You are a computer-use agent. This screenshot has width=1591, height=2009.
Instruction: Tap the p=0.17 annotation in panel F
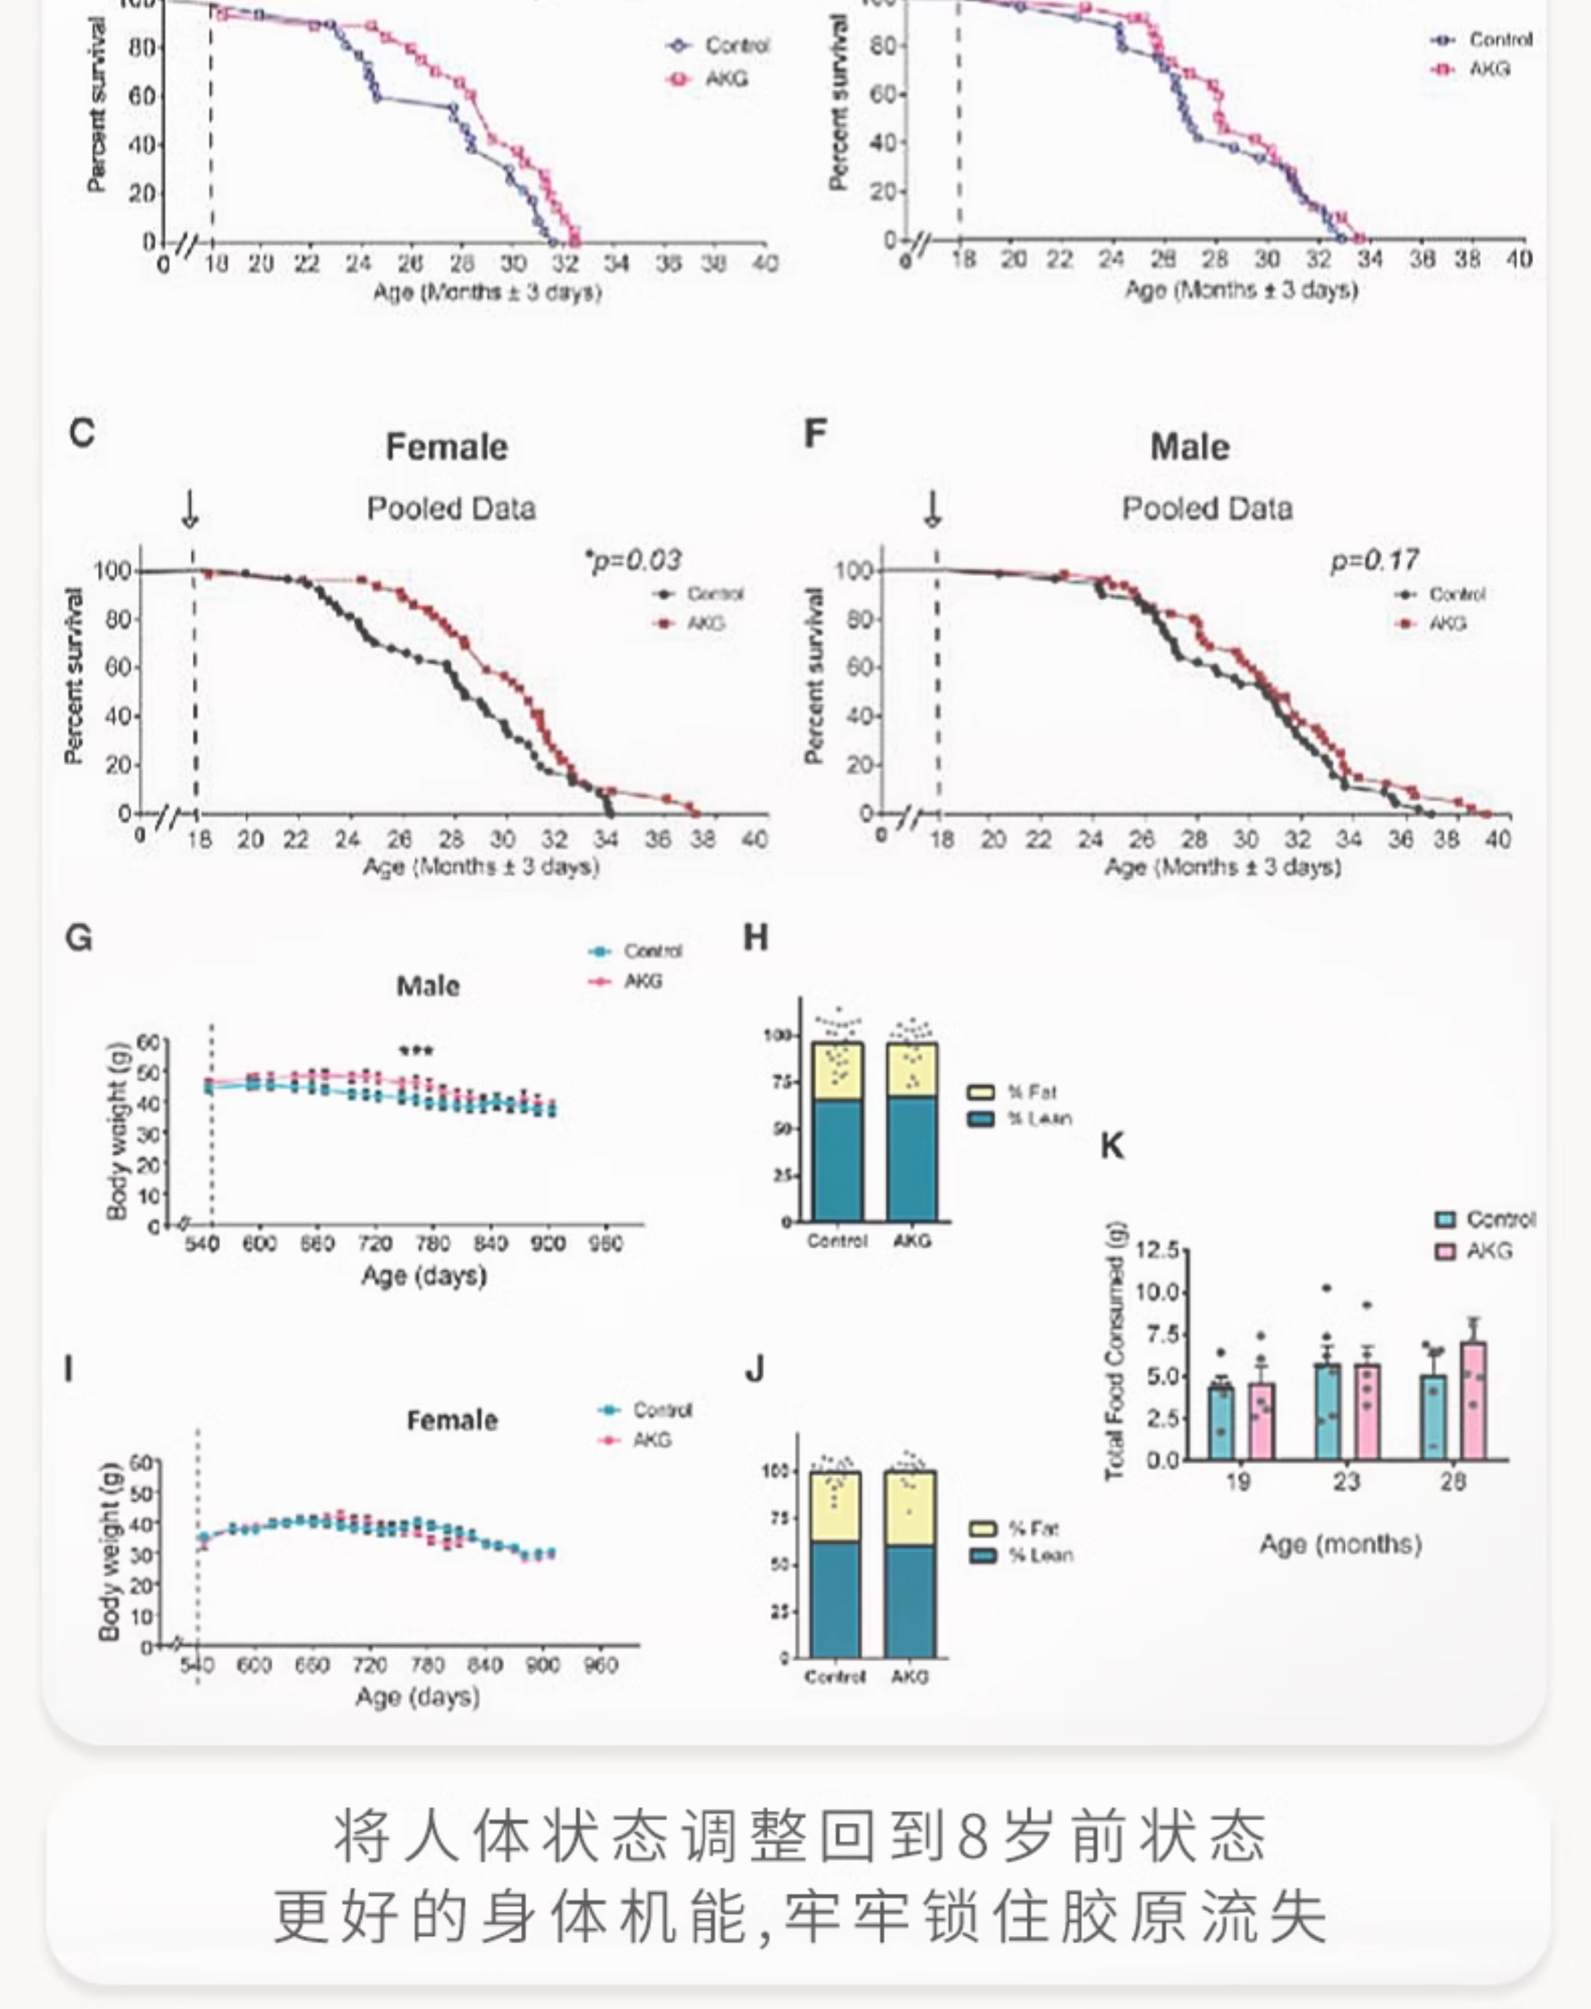click(1375, 560)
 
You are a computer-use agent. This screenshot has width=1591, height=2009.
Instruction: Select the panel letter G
click(79, 937)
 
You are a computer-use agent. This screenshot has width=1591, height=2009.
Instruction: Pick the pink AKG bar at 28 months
click(1474, 1401)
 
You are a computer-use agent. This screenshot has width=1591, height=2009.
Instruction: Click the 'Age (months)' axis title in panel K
click(1340, 1544)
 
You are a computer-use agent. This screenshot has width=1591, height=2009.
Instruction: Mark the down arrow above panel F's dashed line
click(932, 509)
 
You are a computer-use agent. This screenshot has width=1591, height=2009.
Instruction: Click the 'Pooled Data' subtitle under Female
click(451, 509)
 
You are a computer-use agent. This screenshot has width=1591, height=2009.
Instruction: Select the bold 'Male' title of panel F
click(1189, 446)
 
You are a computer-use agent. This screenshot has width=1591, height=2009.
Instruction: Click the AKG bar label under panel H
click(912, 1241)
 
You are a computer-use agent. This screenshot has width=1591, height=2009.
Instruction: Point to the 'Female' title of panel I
click(452, 1420)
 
